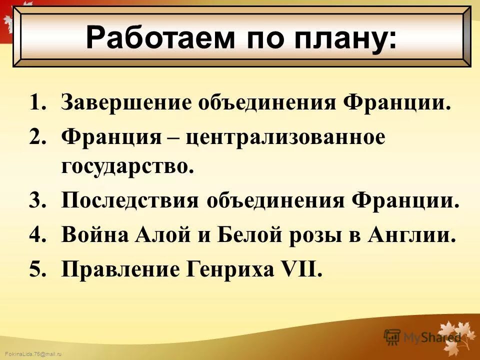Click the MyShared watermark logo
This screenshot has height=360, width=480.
coord(422,336)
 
